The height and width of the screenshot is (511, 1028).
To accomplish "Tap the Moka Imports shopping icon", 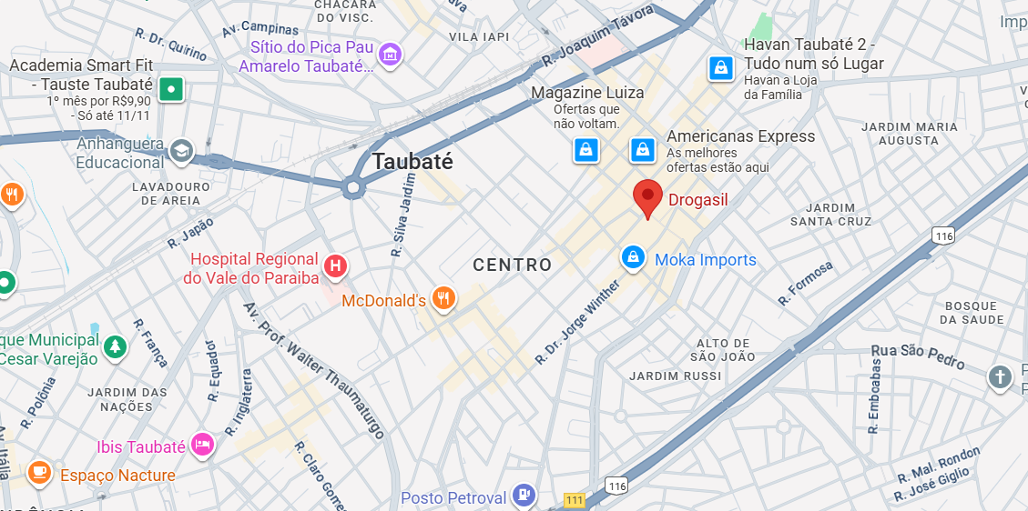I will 633,259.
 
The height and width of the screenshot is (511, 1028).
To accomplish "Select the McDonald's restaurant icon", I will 443,299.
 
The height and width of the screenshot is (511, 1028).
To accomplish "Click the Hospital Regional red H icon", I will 335,266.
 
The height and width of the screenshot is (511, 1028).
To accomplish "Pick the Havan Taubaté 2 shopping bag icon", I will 721,67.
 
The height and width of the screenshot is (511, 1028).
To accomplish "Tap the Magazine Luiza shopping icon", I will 585,149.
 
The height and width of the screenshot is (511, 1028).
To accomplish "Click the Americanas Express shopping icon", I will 643,149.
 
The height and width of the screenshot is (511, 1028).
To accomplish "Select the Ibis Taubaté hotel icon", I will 202,446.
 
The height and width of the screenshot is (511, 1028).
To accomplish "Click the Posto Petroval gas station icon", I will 524,496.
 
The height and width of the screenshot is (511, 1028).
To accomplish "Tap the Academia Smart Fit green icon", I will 170,89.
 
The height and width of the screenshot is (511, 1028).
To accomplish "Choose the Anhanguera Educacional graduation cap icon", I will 182,152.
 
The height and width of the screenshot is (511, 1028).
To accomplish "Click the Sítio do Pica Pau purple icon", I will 390,55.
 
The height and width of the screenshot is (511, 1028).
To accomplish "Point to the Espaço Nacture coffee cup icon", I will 38,472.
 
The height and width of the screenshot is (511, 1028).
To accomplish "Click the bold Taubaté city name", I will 412,162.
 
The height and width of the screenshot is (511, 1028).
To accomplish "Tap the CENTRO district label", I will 513,265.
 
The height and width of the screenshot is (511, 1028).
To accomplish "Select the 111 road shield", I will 575,500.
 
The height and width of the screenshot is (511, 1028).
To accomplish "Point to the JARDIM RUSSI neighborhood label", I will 668,376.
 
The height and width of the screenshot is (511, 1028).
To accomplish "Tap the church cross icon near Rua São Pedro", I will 1000,376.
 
